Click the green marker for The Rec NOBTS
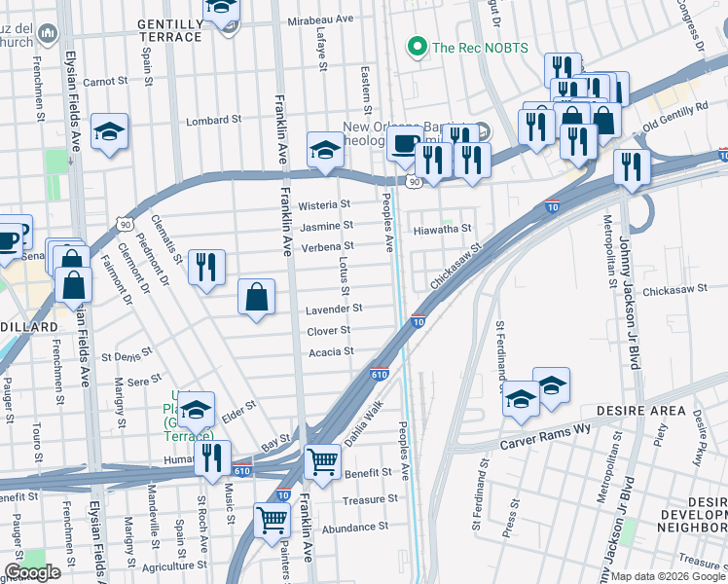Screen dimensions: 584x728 (x=418, y=46)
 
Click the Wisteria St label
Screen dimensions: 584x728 (x=324, y=205)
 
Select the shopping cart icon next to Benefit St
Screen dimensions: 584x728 (x=322, y=463)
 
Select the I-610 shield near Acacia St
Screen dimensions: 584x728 (x=380, y=373)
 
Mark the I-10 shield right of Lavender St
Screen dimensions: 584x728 (x=418, y=321)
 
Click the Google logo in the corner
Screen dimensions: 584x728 (x=33, y=572)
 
